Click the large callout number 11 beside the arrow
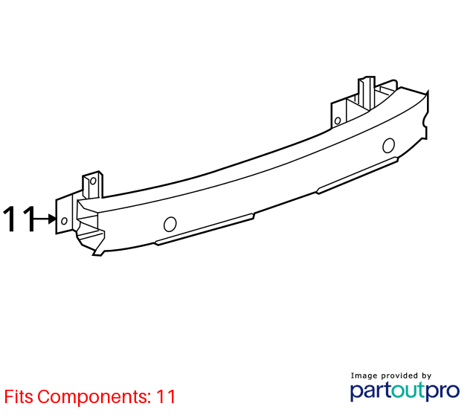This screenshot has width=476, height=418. tap(19, 219)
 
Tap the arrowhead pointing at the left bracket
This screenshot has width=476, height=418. tap(52, 219)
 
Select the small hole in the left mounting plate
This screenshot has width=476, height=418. tap(64, 221)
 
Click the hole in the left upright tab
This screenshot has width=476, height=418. tap(93, 181)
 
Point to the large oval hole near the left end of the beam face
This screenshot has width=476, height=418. tap(170, 225)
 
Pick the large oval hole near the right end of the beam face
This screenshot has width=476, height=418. tap(388, 145)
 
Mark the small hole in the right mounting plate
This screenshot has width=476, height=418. tap(338, 120)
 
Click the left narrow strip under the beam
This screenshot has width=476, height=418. tap(205, 229)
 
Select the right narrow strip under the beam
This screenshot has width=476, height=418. tap(357, 176)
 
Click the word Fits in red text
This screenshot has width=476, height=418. tap(19, 396)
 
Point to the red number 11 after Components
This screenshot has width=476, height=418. tap(166, 396)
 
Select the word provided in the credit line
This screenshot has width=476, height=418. tap(399, 376)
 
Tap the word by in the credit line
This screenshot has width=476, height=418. tap(426, 376)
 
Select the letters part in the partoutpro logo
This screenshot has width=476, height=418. tap(370, 391)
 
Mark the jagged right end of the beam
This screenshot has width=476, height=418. tap(426, 115)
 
